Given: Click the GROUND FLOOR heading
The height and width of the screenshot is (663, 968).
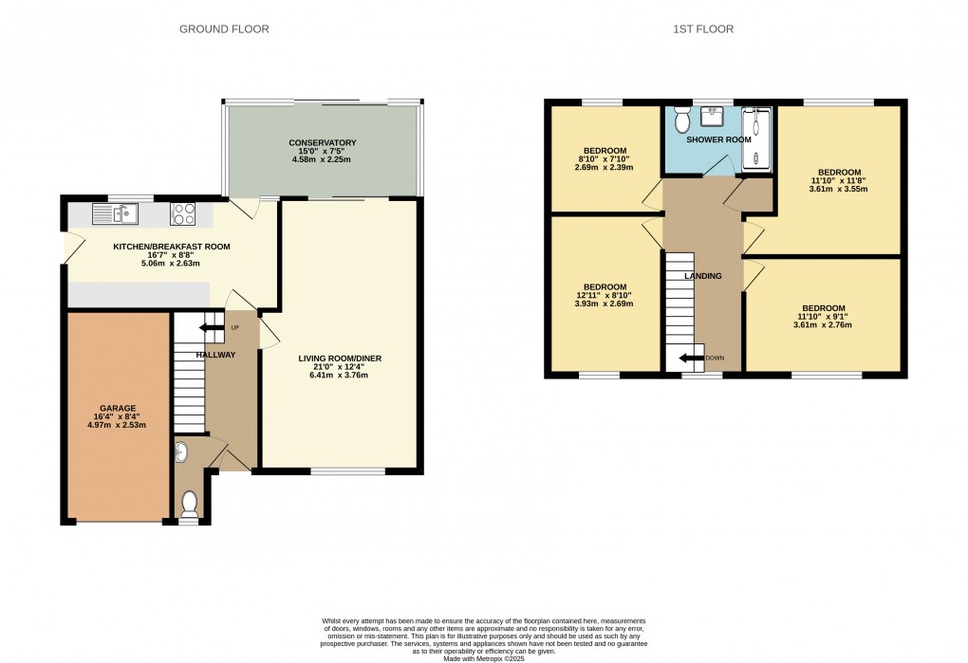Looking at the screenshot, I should tap(224, 29).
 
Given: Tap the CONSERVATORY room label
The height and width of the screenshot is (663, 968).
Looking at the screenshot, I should tap(323, 143).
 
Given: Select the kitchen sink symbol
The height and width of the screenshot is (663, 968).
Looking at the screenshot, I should tap(116, 214).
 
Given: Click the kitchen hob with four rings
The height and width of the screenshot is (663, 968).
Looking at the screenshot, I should tap(182, 214).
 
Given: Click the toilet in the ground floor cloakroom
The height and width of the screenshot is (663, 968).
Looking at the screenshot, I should tap(189, 503).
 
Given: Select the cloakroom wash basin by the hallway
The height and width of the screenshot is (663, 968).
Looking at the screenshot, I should tap(181, 453).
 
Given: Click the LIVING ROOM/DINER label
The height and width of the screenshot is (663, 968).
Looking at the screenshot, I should tap(340, 359).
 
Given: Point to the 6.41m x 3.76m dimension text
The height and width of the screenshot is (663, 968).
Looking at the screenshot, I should tap(340, 376).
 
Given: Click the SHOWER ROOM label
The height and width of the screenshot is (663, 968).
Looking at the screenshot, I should tap(719, 139).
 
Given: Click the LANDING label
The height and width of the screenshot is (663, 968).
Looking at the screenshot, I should tap(702, 276).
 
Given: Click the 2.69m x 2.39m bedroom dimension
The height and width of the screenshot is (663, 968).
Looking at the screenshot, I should tap(605, 168).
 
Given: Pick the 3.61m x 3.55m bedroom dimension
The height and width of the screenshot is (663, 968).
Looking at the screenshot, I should tap(838, 189).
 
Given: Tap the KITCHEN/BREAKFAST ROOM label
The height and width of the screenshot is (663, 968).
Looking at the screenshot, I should tap(158, 247).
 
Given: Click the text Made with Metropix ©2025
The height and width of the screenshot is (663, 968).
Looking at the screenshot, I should tap(484, 657).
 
